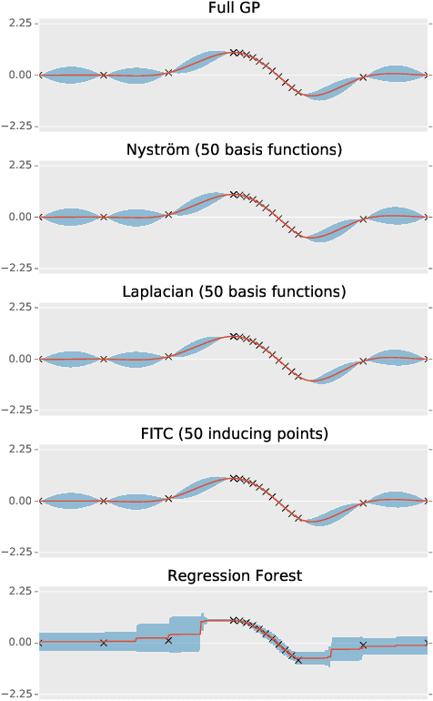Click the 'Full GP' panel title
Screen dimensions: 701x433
click(234, 8)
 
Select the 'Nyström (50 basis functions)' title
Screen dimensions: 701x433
click(234, 150)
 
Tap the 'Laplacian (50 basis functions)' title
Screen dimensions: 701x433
click(234, 292)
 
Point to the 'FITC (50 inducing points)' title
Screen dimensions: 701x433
click(234, 434)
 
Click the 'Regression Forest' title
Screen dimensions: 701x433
click(234, 576)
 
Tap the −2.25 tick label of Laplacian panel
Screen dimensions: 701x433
click(17, 410)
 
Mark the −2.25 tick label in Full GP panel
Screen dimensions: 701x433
click(17, 126)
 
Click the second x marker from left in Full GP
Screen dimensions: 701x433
click(104, 75)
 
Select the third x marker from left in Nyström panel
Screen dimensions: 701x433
click(168, 215)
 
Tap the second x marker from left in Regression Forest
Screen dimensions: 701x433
click(104, 643)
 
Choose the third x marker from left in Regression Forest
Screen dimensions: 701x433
click(168, 641)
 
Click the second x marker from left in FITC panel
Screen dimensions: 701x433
click(104, 501)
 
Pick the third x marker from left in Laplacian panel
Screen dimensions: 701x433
click(168, 357)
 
